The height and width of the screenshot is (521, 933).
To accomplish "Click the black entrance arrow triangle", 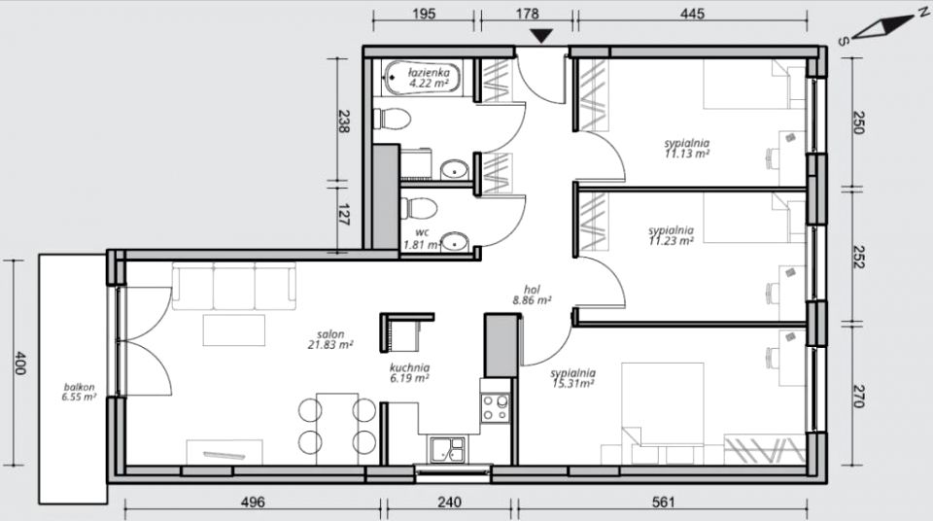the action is click(x=541, y=36).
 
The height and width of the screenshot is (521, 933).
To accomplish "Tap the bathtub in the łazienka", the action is click(x=422, y=79).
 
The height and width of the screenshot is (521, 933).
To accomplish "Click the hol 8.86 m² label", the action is click(x=532, y=295).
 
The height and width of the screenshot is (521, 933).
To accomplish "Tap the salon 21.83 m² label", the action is click(x=330, y=339).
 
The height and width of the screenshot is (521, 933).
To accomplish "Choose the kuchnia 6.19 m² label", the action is click(x=409, y=372).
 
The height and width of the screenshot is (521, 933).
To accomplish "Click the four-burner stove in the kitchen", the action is click(x=496, y=408).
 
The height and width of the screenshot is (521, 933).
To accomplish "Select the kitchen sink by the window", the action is click(x=447, y=449).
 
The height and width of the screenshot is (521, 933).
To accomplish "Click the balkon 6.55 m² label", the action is click(x=79, y=392).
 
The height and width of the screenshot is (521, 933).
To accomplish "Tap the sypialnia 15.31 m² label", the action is click(x=572, y=379).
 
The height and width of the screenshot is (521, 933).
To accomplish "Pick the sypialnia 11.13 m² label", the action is click(x=687, y=149).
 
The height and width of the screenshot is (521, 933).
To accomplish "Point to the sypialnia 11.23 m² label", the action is click(x=672, y=235).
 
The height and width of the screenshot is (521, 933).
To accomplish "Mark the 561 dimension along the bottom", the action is click(x=664, y=502).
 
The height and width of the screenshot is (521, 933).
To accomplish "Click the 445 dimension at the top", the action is click(x=693, y=13).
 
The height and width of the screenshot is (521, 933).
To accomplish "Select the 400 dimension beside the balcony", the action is click(x=19, y=363).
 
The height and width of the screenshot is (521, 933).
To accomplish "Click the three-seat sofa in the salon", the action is click(x=234, y=286).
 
